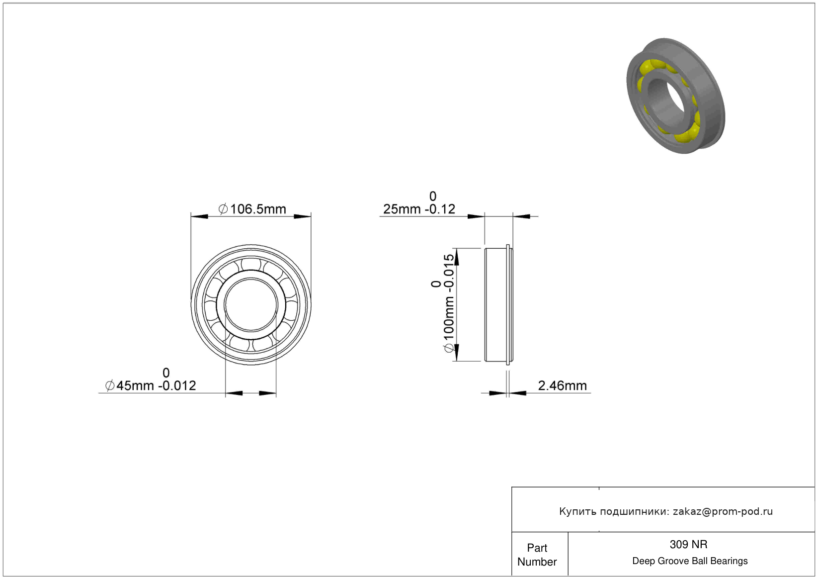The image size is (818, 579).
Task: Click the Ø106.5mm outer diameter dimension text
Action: point(252,209)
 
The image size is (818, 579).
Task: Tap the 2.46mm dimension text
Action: point(563,386)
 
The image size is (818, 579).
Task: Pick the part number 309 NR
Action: point(688,544)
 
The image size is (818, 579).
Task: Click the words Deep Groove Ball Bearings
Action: point(690,561)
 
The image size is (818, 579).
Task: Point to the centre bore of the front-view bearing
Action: point(251,304)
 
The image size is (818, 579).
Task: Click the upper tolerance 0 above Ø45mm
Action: point(166,373)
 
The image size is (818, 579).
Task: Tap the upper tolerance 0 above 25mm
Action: point(433,196)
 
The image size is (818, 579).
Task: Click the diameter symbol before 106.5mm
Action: point(223,209)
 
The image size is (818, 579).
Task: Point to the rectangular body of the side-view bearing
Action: point(496,304)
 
